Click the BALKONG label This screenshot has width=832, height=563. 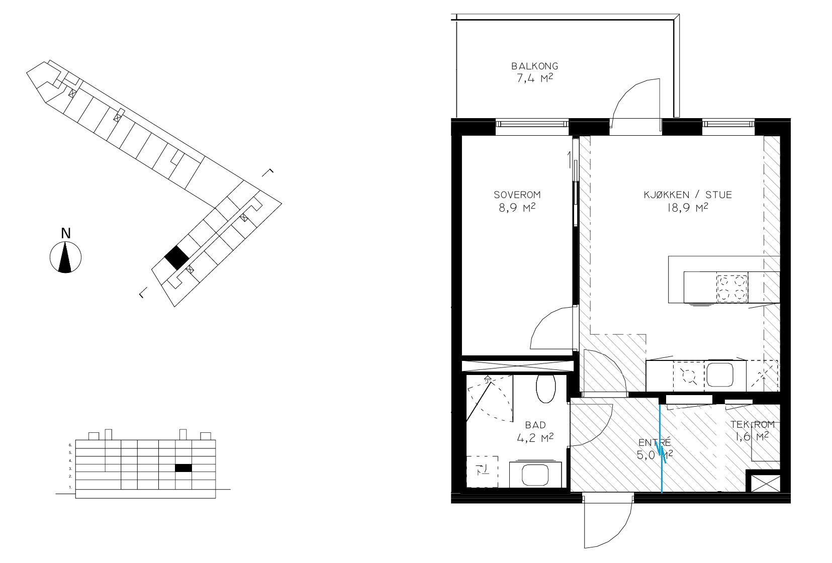534,66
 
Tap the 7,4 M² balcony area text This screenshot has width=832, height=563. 534,78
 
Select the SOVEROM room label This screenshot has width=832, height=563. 517,195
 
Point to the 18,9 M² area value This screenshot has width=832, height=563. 688,207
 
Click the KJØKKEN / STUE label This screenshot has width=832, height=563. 688,195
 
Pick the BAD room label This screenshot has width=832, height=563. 535,425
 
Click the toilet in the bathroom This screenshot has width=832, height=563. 545,389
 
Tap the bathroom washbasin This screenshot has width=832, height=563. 535,474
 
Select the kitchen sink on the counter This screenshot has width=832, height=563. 720,375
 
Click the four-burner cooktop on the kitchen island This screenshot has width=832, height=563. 731,288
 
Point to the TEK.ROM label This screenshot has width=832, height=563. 753,424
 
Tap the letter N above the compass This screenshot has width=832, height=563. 66,233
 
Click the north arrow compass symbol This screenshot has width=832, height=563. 65,257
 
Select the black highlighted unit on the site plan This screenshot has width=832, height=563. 177,258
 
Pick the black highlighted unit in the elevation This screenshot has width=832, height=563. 183,468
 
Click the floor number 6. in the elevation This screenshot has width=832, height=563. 70,444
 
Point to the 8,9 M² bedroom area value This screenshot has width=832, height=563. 517,207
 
